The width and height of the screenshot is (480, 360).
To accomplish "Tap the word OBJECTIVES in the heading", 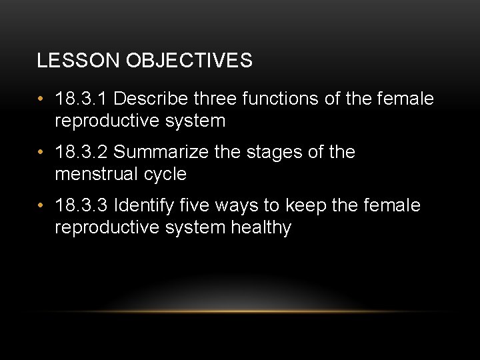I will click(x=189, y=61).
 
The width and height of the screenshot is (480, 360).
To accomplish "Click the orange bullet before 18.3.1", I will click(x=41, y=100).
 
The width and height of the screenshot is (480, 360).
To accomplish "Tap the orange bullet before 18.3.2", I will click(x=41, y=153).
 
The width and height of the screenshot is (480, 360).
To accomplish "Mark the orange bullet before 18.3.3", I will click(x=41, y=206).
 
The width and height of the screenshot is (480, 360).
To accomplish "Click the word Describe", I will click(x=151, y=99).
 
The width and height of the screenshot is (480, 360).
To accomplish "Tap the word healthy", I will click(x=261, y=228).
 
